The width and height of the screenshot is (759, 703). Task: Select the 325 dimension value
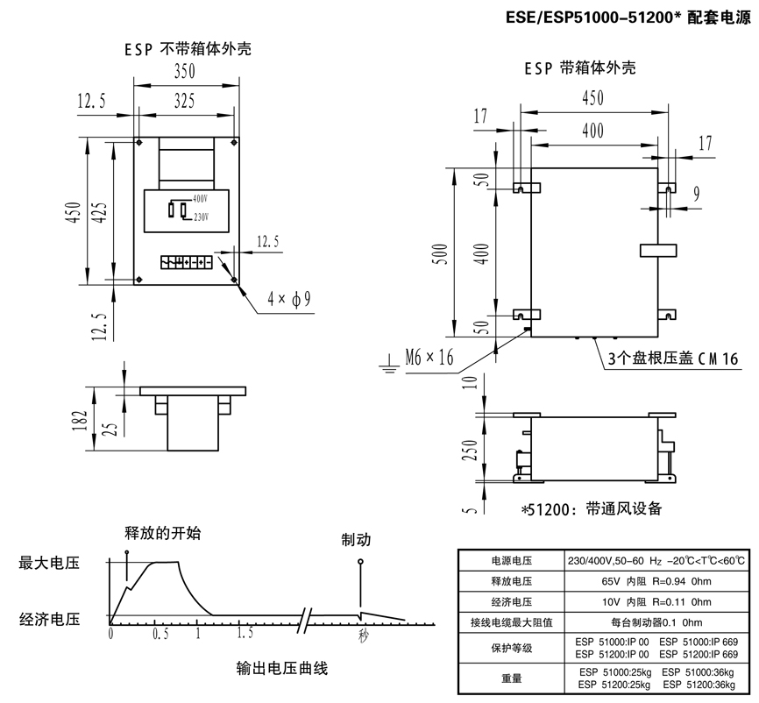tap(183, 101)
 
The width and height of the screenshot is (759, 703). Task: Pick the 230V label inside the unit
tap(202, 216)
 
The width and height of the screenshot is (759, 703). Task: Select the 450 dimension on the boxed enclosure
tap(592, 98)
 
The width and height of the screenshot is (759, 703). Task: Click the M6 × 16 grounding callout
tap(430, 357)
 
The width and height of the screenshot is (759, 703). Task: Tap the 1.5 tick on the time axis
tap(245, 632)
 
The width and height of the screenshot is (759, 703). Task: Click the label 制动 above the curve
tap(357, 540)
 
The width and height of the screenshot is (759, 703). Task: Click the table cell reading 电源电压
tap(508, 561)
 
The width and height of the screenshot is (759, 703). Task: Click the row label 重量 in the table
tap(508, 678)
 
